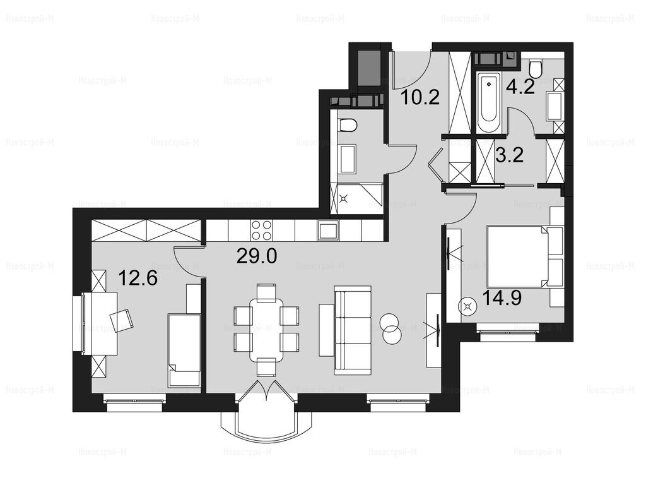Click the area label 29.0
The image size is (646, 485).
tap(257, 256)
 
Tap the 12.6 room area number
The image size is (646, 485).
tap(138, 278)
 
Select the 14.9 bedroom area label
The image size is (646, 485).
tap(502, 297)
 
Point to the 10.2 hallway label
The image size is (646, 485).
tap(420, 97)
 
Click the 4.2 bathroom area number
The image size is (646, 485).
tap(521, 87)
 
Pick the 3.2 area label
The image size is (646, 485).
tap(510, 155)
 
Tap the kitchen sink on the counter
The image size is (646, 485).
tap(328, 230)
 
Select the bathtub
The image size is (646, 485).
tap(489, 102)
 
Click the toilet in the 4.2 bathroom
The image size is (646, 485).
tap(536, 69)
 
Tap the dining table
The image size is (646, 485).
tap(267, 330)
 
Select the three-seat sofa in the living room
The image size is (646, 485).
tap(353, 330)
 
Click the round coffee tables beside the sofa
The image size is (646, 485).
tap(391, 328)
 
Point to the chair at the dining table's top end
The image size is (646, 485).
tap(267, 291)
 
